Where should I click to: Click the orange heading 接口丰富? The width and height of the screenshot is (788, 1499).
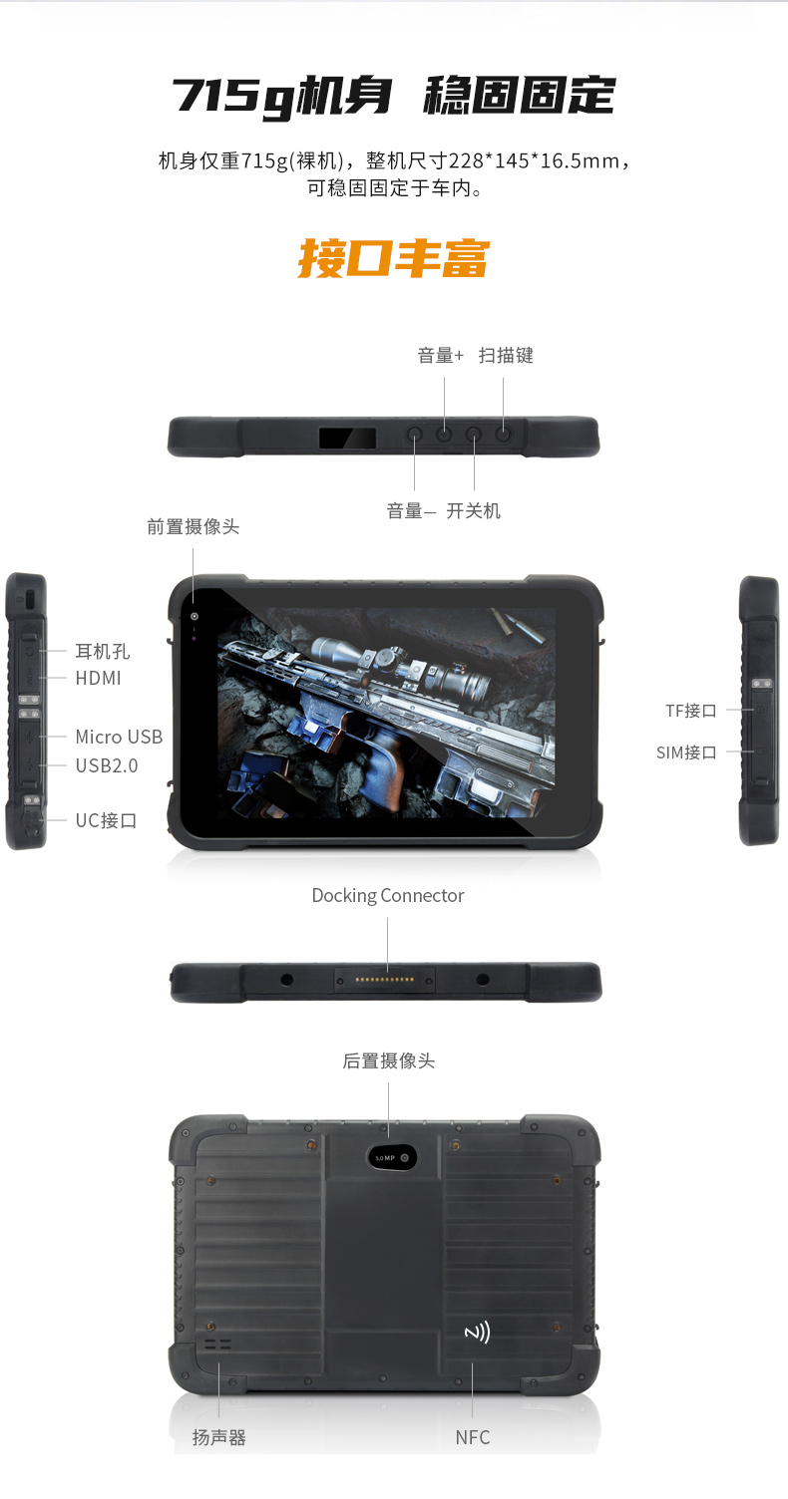394,258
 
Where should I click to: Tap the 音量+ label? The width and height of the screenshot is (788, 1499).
440,356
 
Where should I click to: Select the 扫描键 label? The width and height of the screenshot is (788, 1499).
506,356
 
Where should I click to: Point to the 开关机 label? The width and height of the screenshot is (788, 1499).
474,511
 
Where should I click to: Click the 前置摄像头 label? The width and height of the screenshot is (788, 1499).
193,526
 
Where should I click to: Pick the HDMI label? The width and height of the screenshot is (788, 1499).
98,679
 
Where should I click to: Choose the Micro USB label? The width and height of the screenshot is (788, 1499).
119,737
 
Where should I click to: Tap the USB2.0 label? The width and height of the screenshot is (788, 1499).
107,765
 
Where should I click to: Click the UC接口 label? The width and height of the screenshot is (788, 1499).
106,820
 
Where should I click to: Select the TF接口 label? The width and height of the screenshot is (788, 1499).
691,711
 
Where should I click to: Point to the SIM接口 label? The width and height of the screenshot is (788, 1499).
686,752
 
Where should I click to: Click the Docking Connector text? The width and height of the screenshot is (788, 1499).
388,895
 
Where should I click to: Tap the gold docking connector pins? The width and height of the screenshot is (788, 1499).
384,980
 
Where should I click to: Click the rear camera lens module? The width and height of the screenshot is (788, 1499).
392,1158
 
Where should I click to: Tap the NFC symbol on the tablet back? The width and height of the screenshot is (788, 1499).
478,1332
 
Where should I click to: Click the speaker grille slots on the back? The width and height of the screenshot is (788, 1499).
217,1345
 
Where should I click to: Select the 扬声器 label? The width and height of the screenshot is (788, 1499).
218,1437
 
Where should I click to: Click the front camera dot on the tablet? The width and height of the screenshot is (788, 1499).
195,616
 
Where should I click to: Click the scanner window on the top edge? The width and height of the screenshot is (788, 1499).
347,438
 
